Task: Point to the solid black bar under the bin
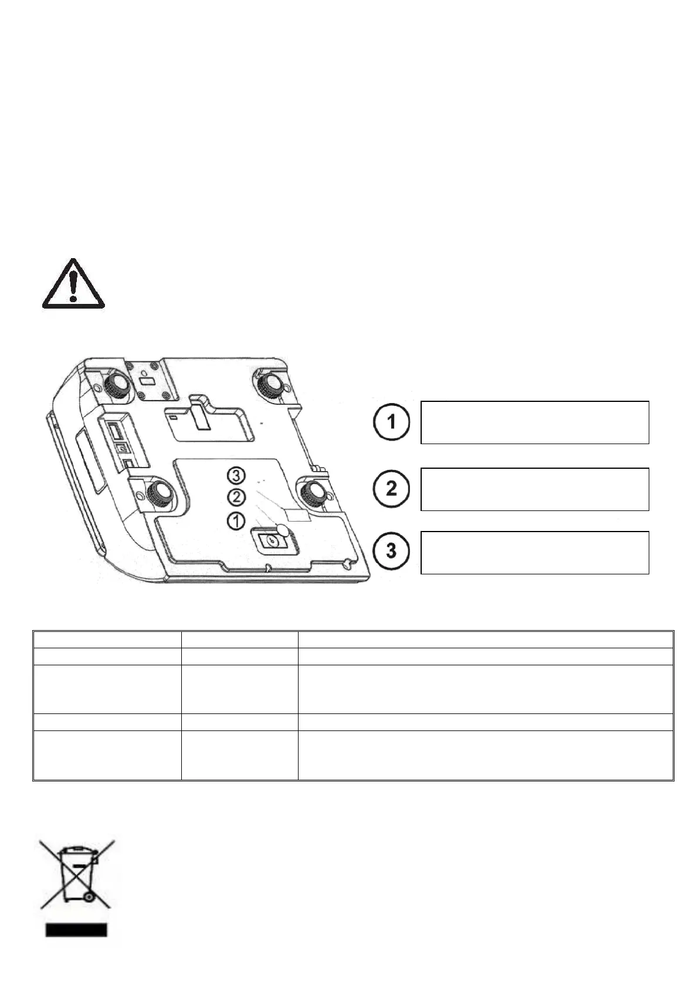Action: (76, 929)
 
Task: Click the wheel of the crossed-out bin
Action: (89, 896)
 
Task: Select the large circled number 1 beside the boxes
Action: (391, 422)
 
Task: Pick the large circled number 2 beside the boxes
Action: (391, 488)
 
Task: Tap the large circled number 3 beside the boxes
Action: (391, 551)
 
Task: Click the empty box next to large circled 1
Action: (534, 422)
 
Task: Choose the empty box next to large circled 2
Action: (534, 489)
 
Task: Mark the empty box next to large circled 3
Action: (534, 552)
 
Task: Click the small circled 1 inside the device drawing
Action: (236, 519)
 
